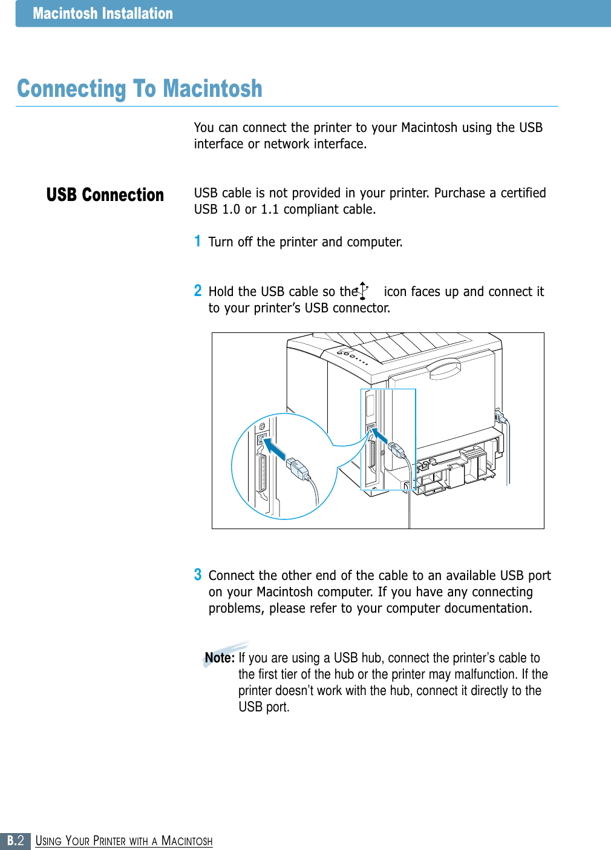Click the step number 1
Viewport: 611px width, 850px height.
tap(197, 242)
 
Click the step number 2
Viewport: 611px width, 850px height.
tap(198, 291)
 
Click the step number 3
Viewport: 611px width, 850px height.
tap(198, 575)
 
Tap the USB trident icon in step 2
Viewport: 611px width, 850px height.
tap(363, 291)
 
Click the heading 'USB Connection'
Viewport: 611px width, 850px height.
tap(105, 195)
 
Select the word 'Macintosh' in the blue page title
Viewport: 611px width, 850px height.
tap(212, 89)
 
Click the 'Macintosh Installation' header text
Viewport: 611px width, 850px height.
tap(103, 13)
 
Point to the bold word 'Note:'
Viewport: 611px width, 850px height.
tap(220, 658)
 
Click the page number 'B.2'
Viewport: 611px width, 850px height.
tap(15, 841)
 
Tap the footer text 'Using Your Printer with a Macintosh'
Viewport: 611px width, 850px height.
tap(124, 841)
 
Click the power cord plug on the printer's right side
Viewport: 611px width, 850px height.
tap(500, 417)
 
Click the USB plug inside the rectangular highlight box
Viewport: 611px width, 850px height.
tap(396, 450)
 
